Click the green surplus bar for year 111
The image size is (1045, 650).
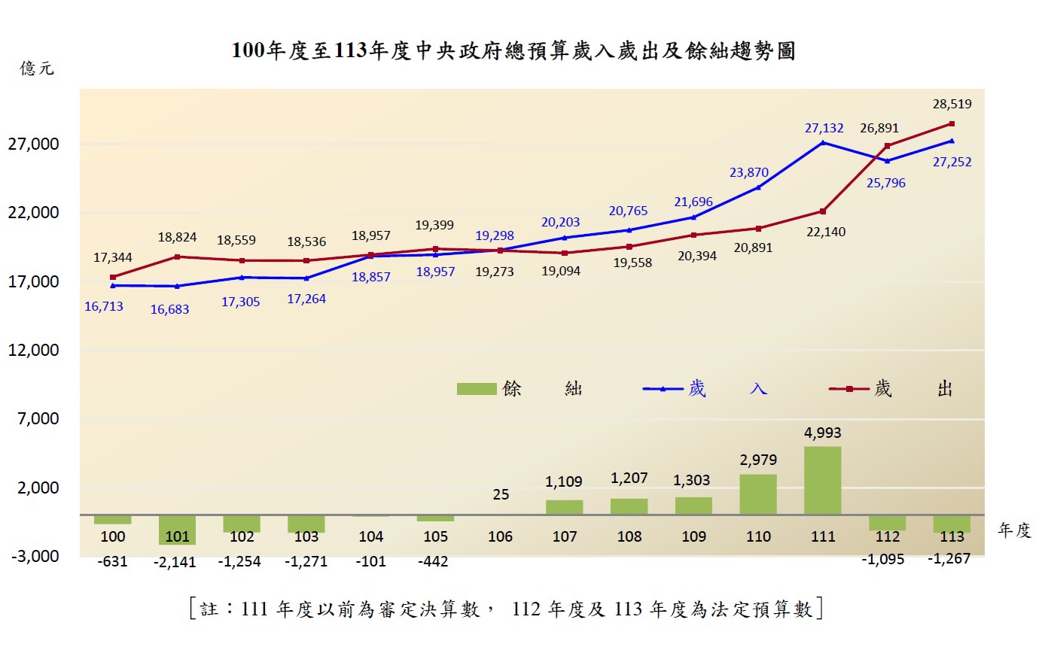pyautogui.click(x=822, y=481)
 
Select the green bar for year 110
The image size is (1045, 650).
pyautogui.click(x=758, y=494)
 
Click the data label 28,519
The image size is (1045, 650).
pyautogui.click(x=952, y=104)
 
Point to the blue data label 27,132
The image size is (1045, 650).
pyautogui.click(x=824, y=129)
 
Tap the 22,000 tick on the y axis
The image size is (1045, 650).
pyautogui.click(x=34, y=213)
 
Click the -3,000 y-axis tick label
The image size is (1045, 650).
pyautogui.click(x=34, y=556)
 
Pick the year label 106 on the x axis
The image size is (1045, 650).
pyautogui.click(x=500, y=536)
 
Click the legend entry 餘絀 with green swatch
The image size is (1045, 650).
pyautogui.click(x=519, y=389)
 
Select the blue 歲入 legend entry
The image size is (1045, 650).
pyautogui.click(x=705, y=389)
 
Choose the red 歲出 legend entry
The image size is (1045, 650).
pyautogui.click(x=891, y=389)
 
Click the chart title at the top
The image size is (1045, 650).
pyautogui.click(x=513, y=51)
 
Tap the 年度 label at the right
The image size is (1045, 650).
pyautogui.click(x=1013, y=530)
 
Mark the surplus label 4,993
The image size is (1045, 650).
pyautogui.click(x=823, y=433)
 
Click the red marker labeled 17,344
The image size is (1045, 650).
pyautogui.click(x=113, y=278)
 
